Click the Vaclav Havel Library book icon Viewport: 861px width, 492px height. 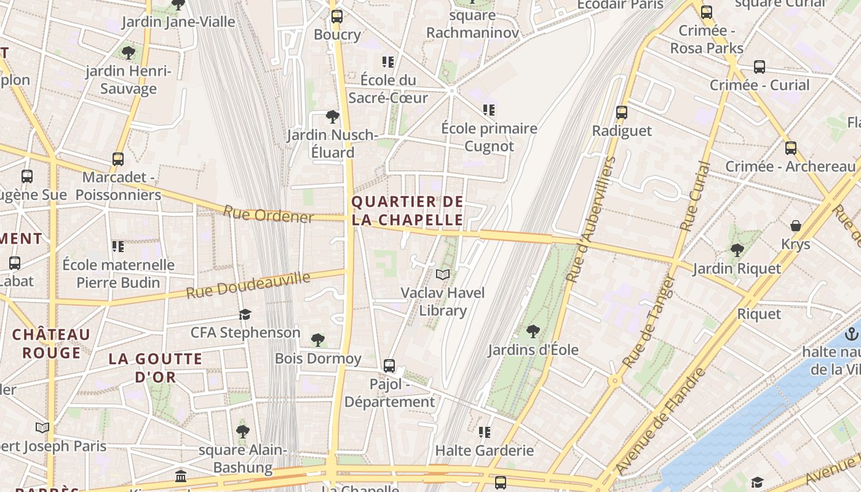coord(443,274)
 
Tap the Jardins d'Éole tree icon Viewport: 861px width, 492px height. coord(533,331)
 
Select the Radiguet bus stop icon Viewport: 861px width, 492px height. coord(622,113)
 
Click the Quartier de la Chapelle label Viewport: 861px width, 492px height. coord(407,211)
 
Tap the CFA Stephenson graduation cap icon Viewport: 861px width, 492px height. coord(245,315)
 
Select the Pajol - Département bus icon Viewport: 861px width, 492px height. coord(389,366)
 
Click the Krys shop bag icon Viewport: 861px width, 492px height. coord(796,226)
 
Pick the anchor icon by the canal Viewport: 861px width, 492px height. coord(852,334)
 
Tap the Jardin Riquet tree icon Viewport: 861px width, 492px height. coord(737,250)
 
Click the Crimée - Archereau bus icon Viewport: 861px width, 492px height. coord(791,148)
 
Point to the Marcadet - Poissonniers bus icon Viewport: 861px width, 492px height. coord(118,159)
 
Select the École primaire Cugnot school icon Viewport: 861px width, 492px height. coord(489,110)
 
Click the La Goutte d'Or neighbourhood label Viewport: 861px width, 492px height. coord(156,368)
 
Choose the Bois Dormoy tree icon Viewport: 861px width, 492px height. coord(318,340)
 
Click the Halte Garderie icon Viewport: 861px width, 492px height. coord(485,432)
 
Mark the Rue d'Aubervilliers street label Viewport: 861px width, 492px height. coord(591,220)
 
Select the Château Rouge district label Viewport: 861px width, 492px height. coord(52,343)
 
